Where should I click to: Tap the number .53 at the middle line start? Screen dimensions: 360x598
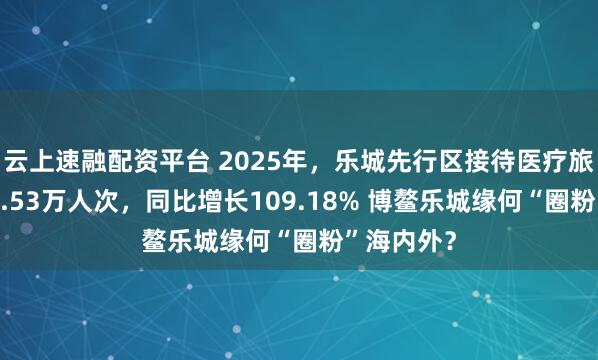click(x=19, y=186)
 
